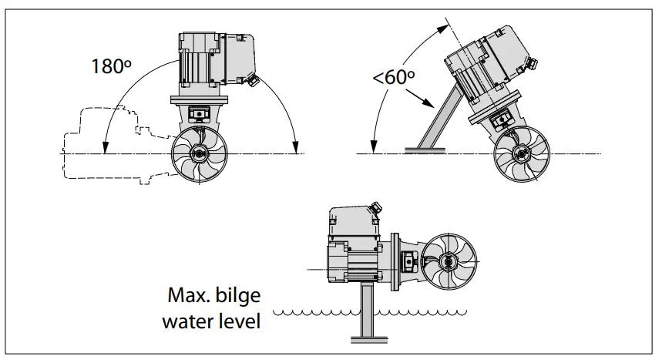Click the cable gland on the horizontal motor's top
point(375,208)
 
